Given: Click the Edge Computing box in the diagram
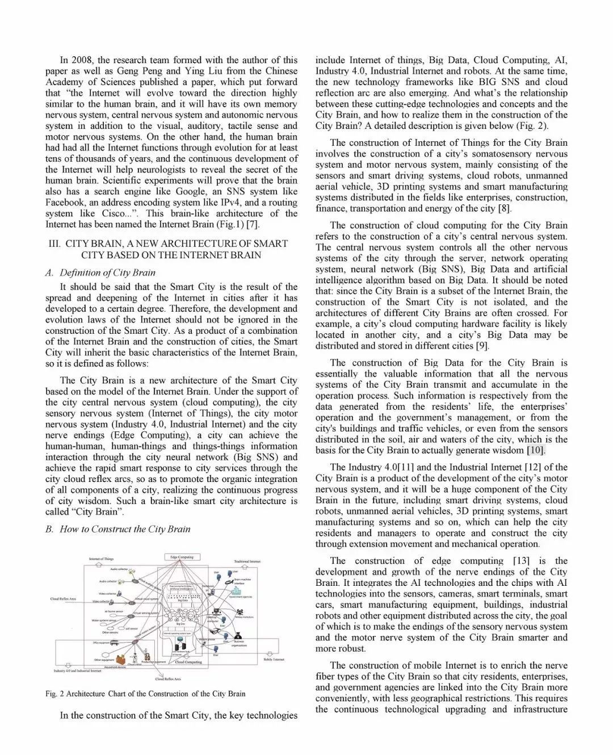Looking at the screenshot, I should click(182, 557).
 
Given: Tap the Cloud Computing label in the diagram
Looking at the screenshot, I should click(188, 662).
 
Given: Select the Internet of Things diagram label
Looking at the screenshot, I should click(101, 559).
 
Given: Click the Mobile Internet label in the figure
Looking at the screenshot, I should click(274, 660).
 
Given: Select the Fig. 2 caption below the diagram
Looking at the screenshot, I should click(145, 694).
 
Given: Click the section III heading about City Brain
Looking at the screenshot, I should click(171, 249).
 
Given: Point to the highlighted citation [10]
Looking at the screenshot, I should click(536, 450).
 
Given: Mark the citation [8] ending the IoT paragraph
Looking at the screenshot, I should click(503, 208).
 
